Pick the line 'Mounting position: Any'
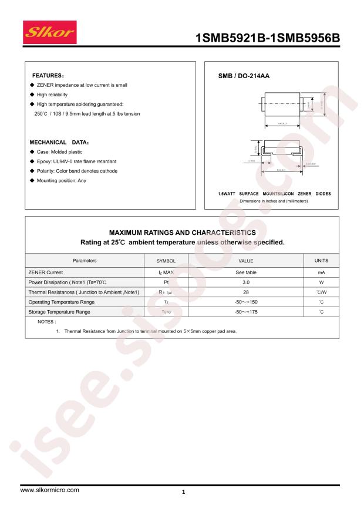(x=61, y=180)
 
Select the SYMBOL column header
(x=166, y=260)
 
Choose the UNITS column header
(x=322, y=260)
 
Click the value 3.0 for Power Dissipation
(x=245, y=282)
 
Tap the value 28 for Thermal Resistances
(x=245, y=292)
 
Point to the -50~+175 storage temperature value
(x=245, y=312)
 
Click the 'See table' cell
(x=245, y=272)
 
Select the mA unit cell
(x=322, y=272)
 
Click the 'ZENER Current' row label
(x=46, y=272)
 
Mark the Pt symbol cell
(x=166, y=282)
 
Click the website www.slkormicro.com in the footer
(x=50, y=490)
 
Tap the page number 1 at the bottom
(x=184, y=492)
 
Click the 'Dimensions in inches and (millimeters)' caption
(x=274, y=201)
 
